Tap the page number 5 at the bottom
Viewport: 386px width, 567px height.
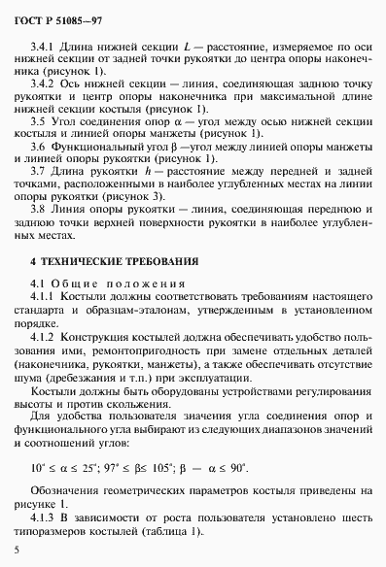pos(18,550)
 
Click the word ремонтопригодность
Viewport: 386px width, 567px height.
pos(147,350)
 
